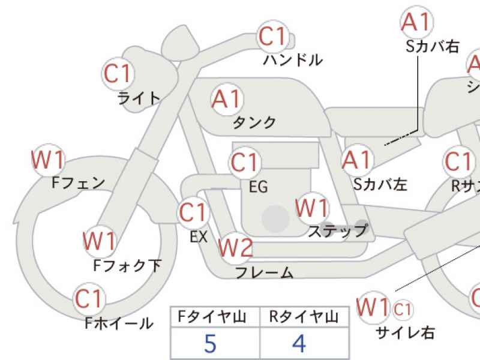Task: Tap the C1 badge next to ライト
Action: coord(118,74)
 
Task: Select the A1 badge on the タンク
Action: coord(226,98)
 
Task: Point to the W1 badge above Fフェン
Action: coord(47,160)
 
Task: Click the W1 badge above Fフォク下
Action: coord(98,241)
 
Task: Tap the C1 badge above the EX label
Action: coord(193,212)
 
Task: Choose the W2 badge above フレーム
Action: coord(235,247)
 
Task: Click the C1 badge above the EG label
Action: coord(244,163)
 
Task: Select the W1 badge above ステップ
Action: coord(312,208)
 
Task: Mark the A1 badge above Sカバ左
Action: coord(357,160)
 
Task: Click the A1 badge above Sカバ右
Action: coord(416,22)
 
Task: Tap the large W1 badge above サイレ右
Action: coord(373,307)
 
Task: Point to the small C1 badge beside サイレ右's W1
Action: coord(403,309)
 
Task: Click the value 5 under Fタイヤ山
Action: coord(210,343)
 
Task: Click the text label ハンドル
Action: coord(293,60)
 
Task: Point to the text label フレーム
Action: coord(264,273)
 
